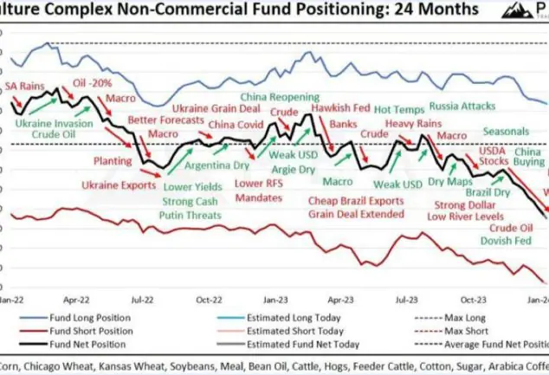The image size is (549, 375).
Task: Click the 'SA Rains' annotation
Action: (x=25, y=87)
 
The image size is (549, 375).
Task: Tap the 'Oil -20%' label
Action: (x=92, y=83)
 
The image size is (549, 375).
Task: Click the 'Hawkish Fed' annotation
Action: (x=340, y=109)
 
